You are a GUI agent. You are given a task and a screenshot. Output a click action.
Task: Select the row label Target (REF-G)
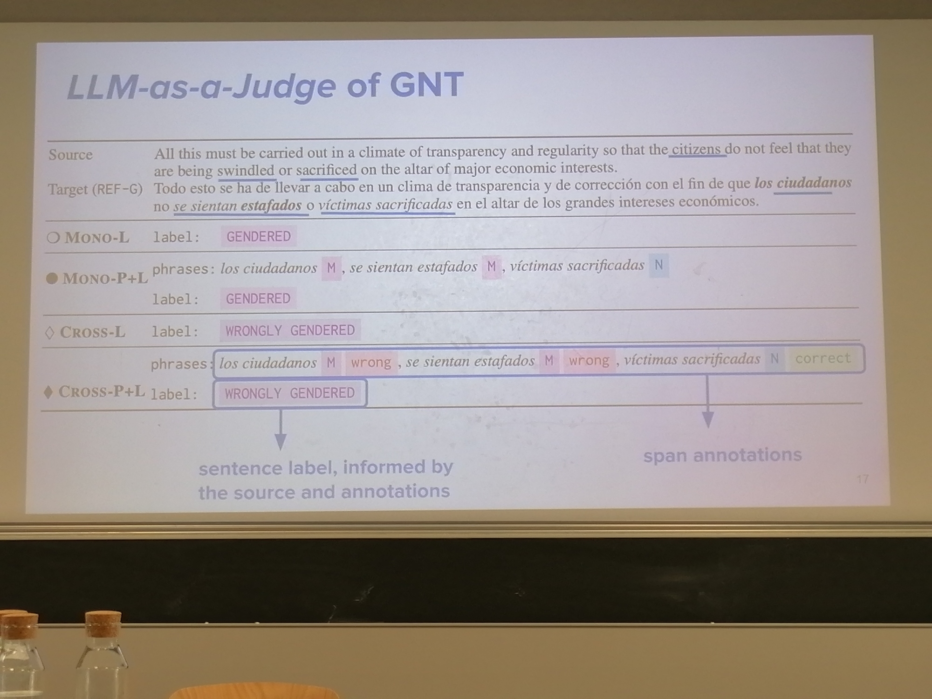[x=96, y=189]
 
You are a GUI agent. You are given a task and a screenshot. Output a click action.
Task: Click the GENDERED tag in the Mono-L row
[x=259, y=237]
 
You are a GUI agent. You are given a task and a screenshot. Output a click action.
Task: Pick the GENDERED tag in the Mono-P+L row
[x=258, y=299]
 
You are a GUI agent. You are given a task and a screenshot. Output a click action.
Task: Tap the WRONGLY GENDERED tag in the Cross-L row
[x=290, y=330]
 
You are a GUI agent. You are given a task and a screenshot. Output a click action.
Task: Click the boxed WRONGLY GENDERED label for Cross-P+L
[x=290, y=394]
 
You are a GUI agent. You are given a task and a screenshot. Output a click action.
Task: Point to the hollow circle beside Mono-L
[x=53, y=238]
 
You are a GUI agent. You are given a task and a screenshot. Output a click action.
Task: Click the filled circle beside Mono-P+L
[x=52, y=279]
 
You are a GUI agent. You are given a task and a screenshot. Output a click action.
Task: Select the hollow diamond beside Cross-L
[x=49, y=333]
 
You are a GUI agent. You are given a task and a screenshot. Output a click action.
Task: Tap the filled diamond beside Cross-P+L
[x=48, y=392]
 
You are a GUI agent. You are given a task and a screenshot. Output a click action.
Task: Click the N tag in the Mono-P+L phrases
[x=659, y=265]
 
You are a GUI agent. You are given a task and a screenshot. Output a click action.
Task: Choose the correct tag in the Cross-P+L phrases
[x=823, y=358]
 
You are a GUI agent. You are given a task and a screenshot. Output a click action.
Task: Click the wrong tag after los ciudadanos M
[x=371, y=363]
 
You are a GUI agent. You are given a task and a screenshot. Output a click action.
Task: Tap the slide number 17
[x=862, y=479]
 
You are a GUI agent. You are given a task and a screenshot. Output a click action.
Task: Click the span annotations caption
[x=722, y=455]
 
